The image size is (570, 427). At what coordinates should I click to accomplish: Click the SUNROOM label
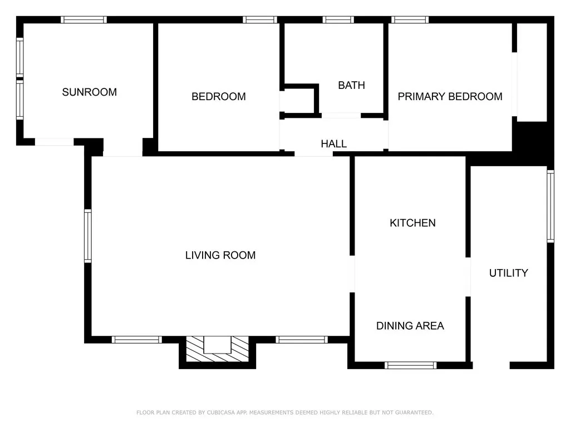[x=89, y=92]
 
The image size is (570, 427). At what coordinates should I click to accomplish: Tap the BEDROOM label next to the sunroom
[x=218, y=97]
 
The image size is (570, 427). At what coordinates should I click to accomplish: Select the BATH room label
[x=351, y=86]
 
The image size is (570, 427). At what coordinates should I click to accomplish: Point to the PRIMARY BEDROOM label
[x=450, y=97]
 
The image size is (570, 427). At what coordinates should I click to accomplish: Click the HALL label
[x=333, y=144]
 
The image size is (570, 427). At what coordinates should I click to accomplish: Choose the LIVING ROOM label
[x=220, y=255]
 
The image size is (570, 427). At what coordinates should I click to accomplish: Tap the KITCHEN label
[x=412, y=223]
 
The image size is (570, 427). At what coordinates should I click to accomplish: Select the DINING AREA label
[x=410, y=326]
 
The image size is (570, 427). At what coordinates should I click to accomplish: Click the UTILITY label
[x=508, y=273]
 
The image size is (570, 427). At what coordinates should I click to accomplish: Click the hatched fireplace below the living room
[x=217, y=350]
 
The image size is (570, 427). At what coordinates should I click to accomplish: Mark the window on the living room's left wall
[x=88, y=235]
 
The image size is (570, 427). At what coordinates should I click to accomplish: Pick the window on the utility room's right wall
[x=550, y=206]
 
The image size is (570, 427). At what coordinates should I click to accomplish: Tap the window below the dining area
[x=410, y=365]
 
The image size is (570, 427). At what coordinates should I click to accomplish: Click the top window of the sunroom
[x=83, y=19]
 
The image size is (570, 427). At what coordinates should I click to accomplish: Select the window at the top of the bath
[x=338, y=19]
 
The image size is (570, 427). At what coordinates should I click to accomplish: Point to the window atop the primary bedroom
[x=410, y=19]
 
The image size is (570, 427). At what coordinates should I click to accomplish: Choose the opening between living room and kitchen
[x=352, y=274]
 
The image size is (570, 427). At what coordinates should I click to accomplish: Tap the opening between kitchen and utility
[x=468, y=277]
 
